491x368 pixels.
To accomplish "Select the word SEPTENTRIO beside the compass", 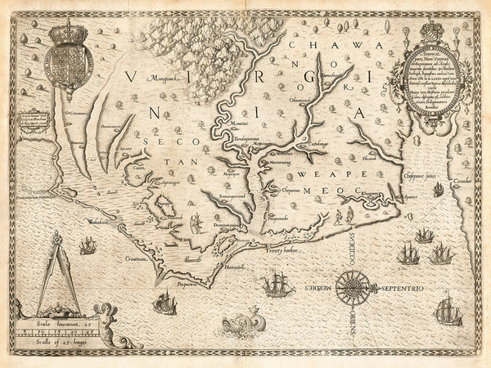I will (x=401, y=288).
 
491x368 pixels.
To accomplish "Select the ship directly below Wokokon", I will (x=164, y=303).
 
